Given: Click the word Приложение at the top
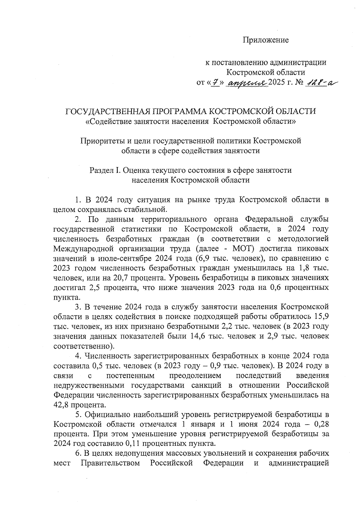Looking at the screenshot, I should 266,40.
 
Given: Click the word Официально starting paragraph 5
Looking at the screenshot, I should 107,414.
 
